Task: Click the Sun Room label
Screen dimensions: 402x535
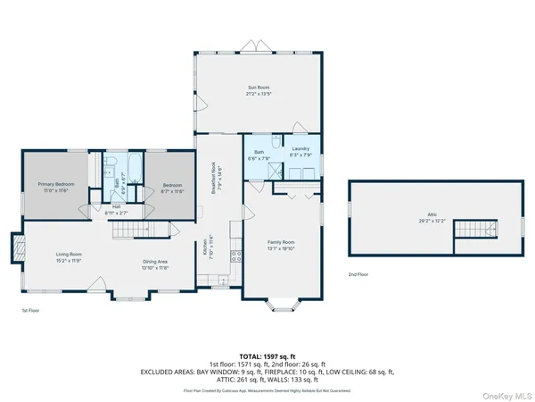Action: [x=258, y=89]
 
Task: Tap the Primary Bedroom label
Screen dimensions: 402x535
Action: [x=55, y=187]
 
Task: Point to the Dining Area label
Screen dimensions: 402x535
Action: [x=156, y=265]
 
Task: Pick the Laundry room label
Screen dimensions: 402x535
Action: [x=300, y=151]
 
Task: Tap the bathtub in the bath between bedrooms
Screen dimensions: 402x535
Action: [x=136, y=166]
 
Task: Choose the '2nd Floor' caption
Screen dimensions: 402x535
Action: [x=358, y=274]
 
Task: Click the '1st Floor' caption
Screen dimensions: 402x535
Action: [x=31, y=310]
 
